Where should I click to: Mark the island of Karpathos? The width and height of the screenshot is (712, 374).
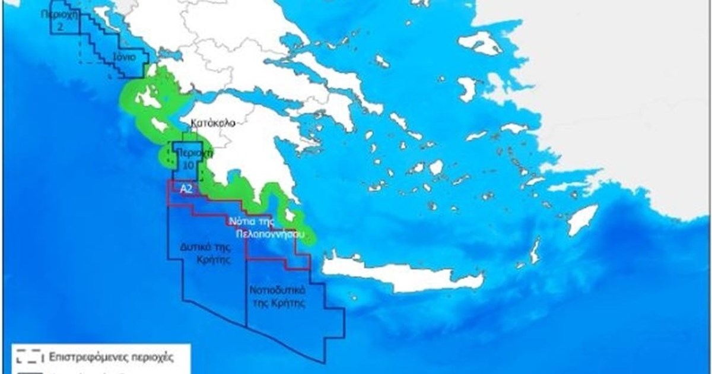pos(535,250)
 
